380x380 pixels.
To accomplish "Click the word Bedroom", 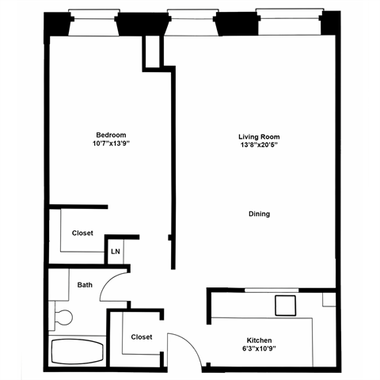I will (111, 135).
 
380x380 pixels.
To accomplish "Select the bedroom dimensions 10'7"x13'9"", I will (111, 145).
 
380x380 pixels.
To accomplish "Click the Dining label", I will (259, 214).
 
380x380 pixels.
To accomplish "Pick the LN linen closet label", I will (116, 252).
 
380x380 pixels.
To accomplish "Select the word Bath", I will (85, 284).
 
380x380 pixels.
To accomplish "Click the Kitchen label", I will (259, 341).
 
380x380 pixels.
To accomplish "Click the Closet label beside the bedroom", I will (83, 234).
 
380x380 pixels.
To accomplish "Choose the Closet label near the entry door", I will (142, 337).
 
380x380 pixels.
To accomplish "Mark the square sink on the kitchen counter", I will (283, 306).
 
